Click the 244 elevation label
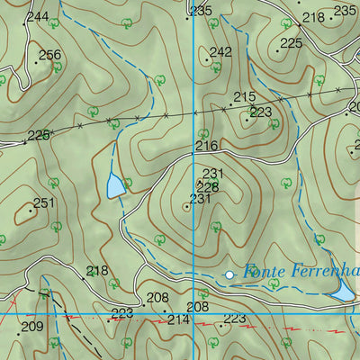[x=38, y=17]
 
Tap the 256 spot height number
[x=50, y=55]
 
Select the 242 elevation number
[x=220, y=51]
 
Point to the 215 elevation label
[x=244, y=97]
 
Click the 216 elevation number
[x=206, y=146]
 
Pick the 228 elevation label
[x=209, y=186]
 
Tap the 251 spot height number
[x=44, y=202]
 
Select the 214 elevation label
[x=177, y=319]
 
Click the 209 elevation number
[x=31, y=326]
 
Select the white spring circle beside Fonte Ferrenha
[x=229, y=274]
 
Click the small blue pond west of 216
[x=115, y=186]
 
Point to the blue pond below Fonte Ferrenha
[x=343, y=292]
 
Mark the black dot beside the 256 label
[x=36, y=63]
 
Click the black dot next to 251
[x=31, y=211]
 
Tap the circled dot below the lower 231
[x=186, y=207]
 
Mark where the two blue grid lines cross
[x=193, y=314]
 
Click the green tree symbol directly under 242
[x=215, y=66]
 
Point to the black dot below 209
[x=18, y=334]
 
